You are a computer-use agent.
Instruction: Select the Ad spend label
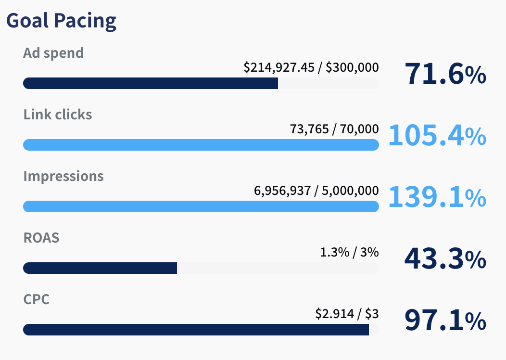[53, 52]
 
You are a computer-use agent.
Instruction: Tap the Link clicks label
[57, 115]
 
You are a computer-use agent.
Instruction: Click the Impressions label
[63, 176]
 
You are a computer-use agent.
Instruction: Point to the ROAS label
[41, 237]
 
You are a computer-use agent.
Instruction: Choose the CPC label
[36, 299]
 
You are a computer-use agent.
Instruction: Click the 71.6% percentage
[445, 75]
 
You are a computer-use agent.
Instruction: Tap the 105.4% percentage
[437, 136]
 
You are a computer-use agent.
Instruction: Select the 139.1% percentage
[437, 197]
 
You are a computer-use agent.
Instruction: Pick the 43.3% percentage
[445, 259]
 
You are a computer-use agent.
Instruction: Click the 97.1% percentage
[445, 321]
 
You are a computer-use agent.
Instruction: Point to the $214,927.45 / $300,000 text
[311, 68]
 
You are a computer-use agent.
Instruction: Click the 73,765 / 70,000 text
[334, 129]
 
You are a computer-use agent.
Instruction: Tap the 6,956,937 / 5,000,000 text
[316, 191]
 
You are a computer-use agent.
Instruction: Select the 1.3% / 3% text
[349, 252]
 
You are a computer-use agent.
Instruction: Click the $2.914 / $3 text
[347, 314]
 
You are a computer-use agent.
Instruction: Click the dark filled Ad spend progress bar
[150, 83]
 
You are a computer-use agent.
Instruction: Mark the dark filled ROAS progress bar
[100, 268]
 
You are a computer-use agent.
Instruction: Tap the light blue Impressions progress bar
[201, 206]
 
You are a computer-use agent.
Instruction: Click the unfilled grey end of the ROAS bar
[278, 268]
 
